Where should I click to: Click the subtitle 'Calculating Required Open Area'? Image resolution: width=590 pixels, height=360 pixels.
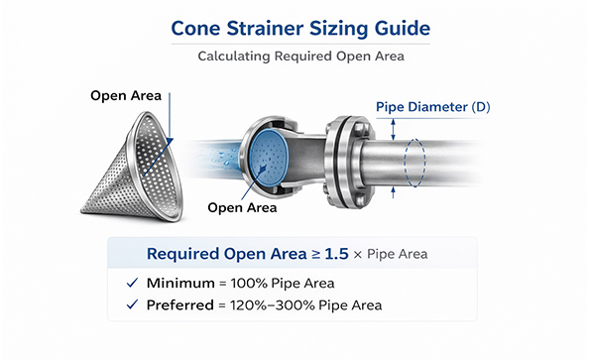(x=295, y=57)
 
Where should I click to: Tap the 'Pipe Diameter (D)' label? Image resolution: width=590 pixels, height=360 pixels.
(x=431, y=106)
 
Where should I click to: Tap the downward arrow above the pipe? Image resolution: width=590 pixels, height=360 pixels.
(x=394, y=125)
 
